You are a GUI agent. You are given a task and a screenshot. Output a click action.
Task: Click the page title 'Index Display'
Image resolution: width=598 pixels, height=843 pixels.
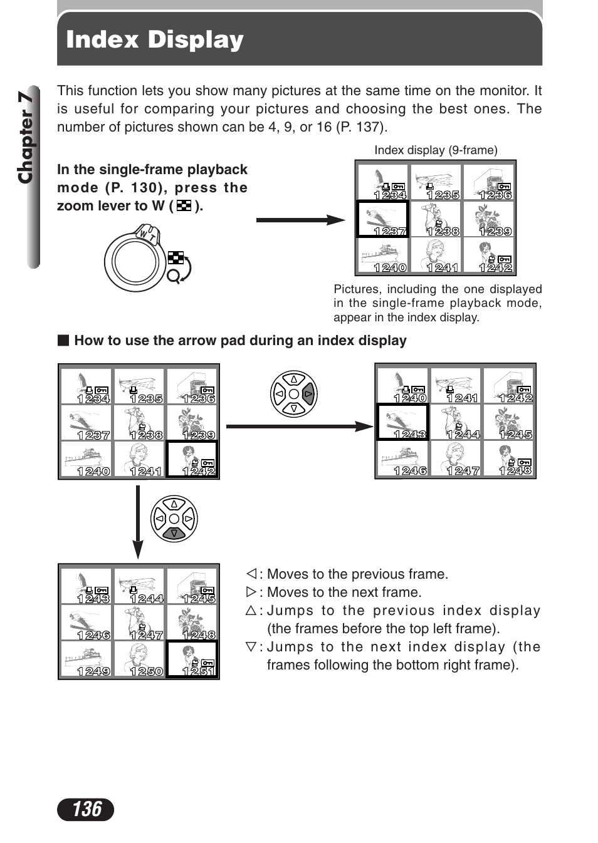click(154, 39)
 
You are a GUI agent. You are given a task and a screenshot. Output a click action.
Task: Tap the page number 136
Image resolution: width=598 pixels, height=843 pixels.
click(86, 809)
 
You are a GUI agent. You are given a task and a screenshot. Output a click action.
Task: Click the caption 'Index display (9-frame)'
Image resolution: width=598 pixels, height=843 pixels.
click(436, 150)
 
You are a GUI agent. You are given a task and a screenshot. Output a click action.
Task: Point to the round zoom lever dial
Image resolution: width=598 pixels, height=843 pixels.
click(133, 261)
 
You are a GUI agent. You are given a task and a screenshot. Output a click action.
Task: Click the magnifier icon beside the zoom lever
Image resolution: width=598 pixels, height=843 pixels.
click(174, 276)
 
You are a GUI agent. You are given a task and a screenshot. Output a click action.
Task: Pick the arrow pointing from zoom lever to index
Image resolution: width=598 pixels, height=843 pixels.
click(300, 220)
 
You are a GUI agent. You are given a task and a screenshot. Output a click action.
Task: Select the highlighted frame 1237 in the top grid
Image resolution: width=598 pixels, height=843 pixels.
click(382, 219)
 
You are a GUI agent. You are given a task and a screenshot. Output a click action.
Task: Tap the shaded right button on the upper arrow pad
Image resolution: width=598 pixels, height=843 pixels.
click(308, 394)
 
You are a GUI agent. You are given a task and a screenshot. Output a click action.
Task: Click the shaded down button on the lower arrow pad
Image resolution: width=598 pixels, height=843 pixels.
click(174, 534)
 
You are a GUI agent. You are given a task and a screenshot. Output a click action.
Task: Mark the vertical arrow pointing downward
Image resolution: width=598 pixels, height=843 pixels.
click(138, 522)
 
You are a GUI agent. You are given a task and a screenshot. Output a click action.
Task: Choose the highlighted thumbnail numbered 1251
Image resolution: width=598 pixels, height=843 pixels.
click(192, 659)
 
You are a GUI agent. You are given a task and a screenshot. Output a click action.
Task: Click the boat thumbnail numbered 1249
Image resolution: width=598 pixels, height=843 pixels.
click(87, 659)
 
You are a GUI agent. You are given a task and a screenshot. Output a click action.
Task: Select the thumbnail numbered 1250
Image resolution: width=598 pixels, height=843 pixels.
click(139, 659)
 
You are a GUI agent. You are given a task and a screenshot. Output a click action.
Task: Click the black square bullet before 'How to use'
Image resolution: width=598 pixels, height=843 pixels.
click(63, 340)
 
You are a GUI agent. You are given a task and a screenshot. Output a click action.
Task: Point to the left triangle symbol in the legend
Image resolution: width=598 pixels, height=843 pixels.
click(251, 574)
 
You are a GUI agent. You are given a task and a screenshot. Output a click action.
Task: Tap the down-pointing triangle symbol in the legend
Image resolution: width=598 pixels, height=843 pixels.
click(251, 646)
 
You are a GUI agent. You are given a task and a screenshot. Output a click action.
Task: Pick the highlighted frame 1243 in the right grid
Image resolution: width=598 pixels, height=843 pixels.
click(402, 421)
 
